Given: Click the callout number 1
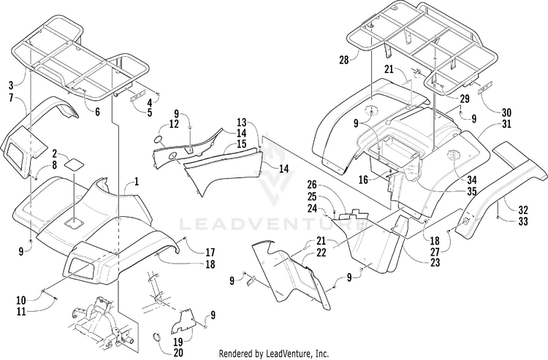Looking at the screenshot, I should [136, 179].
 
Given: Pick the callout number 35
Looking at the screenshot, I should [472, 191].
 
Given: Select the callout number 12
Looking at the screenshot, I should [174, 124].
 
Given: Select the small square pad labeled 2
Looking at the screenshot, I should [74, 165].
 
